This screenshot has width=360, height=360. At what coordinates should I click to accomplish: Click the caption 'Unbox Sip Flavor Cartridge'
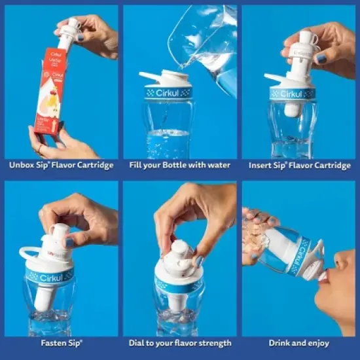61,165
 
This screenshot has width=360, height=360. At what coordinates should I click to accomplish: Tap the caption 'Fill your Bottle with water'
180,165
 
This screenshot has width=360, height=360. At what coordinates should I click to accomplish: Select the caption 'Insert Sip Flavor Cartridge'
299,165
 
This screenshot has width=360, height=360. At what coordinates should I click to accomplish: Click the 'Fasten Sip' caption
61,343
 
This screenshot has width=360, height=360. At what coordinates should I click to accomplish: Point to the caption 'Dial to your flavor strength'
180,343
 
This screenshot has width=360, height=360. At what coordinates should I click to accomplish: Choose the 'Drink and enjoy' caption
299,343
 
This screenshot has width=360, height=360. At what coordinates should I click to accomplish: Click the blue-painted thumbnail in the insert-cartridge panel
321,58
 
